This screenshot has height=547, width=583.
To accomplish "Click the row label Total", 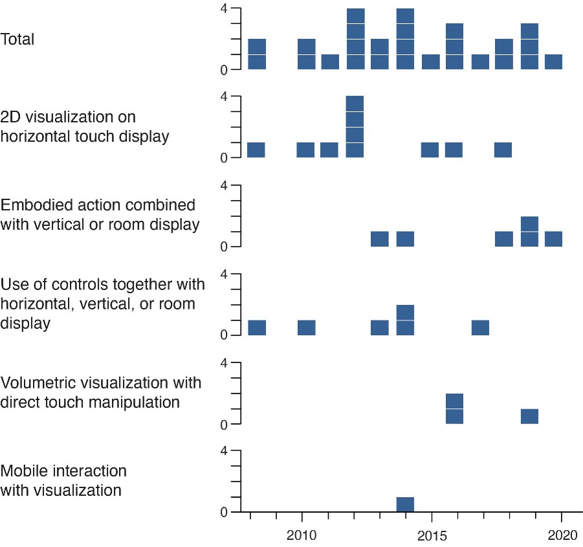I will point(17,39).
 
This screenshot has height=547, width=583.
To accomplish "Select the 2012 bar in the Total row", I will point(355,39).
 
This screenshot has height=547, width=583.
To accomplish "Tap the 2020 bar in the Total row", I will point(553,62).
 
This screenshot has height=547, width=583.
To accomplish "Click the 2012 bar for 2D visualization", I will point(355,127).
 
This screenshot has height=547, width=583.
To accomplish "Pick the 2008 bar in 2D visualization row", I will point(257,150).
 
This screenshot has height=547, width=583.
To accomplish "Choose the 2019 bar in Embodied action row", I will point(529,231).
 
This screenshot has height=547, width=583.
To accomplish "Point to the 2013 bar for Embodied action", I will point(380,239).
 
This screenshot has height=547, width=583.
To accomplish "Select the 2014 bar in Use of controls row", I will point(405,320).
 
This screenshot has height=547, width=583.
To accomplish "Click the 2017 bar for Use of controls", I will point(480,328).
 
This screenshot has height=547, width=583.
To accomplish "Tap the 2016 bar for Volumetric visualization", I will point(454,408).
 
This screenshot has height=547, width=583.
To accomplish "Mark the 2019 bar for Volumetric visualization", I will point(529,416).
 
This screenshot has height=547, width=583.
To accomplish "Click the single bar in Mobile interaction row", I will point(405,504).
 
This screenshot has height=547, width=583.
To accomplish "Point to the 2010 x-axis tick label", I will point(301,536).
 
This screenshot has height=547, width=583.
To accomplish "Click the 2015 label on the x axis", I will point(432,536).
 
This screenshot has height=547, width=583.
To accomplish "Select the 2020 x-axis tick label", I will point(561,536).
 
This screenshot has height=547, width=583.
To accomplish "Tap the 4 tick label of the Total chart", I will point(223,8).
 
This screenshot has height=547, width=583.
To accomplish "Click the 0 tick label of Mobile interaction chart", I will point(223,513).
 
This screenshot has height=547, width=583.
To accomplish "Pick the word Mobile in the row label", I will point(21,471).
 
